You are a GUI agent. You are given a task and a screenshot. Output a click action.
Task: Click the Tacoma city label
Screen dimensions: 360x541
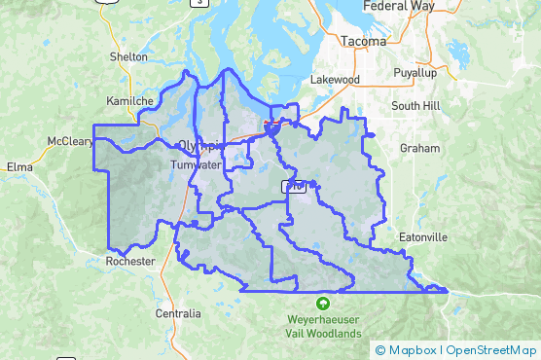(364, 42)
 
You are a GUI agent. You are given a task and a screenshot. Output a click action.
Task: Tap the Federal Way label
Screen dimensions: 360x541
(397, 6)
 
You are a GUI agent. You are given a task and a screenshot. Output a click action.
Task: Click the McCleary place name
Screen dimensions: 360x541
(70, 141)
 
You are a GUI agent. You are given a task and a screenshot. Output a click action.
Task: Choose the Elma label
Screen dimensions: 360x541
(19, 166)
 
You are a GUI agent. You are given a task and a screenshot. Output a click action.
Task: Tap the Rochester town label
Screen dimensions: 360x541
(131, 261)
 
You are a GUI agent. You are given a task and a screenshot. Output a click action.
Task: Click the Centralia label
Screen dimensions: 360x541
(178, 313)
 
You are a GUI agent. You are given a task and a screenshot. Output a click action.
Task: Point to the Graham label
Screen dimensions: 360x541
(420, 149)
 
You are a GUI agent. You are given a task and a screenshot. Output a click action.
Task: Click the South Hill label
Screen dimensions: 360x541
(416, 105)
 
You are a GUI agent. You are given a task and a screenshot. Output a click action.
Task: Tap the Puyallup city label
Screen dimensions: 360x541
(415, 74)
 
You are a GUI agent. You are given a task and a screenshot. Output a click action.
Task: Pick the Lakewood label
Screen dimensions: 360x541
(335, 79)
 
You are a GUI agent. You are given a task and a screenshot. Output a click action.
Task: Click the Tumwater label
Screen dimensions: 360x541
(196, 164)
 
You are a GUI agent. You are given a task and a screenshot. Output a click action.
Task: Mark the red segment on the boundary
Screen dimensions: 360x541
(270, 124)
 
